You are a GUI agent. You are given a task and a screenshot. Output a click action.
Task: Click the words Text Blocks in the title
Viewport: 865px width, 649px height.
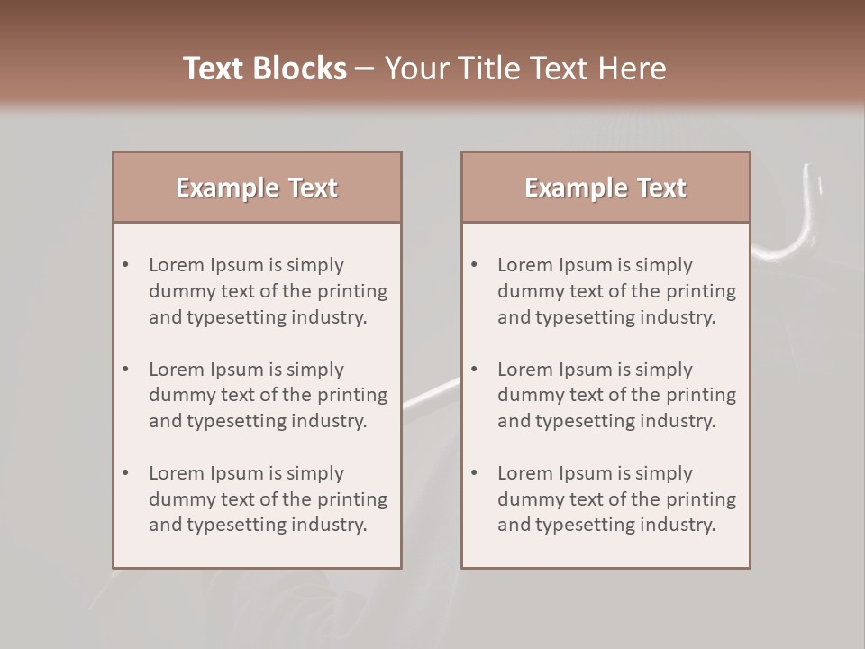coord(264,69)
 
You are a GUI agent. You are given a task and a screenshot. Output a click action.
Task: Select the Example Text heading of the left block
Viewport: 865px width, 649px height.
coord(257,187)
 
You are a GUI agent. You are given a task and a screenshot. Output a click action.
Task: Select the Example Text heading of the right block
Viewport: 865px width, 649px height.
coord(605,187)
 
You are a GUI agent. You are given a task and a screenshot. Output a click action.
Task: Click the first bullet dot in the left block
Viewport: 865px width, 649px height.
coord(125,265)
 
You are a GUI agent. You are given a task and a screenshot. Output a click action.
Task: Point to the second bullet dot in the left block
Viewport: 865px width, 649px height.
coord(125,370)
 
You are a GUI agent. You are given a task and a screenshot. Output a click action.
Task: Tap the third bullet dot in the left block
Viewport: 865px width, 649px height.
coord(125,473)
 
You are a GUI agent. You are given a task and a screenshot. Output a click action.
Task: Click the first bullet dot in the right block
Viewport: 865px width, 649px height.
coord(474,265)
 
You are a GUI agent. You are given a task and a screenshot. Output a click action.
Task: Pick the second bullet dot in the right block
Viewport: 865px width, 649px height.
coord(474,370)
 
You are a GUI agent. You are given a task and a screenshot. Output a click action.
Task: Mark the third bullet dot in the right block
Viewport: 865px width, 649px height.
coord(474,473)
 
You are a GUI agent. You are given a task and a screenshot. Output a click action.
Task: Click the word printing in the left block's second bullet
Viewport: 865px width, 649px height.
coord(355,395)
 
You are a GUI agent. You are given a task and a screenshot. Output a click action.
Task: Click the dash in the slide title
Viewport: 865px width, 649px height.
coord(365,69)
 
